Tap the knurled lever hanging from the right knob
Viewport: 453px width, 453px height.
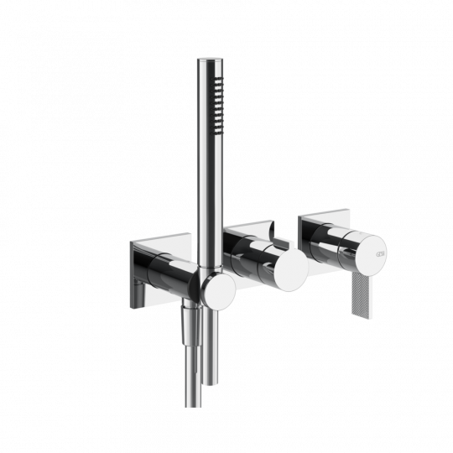pos(362,289)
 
